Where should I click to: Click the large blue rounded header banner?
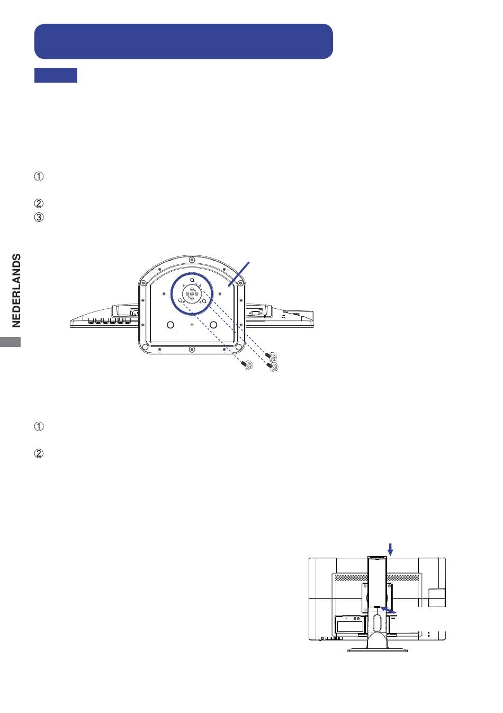coord(184,41)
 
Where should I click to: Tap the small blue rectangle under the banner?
coord(56,75)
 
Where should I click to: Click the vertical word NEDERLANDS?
coord(16,290)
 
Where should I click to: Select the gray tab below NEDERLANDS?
coord(10,342)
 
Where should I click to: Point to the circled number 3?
coord(39,217)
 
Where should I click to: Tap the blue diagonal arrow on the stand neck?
coord(389,610)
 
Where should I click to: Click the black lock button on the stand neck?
coord(377,607)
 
